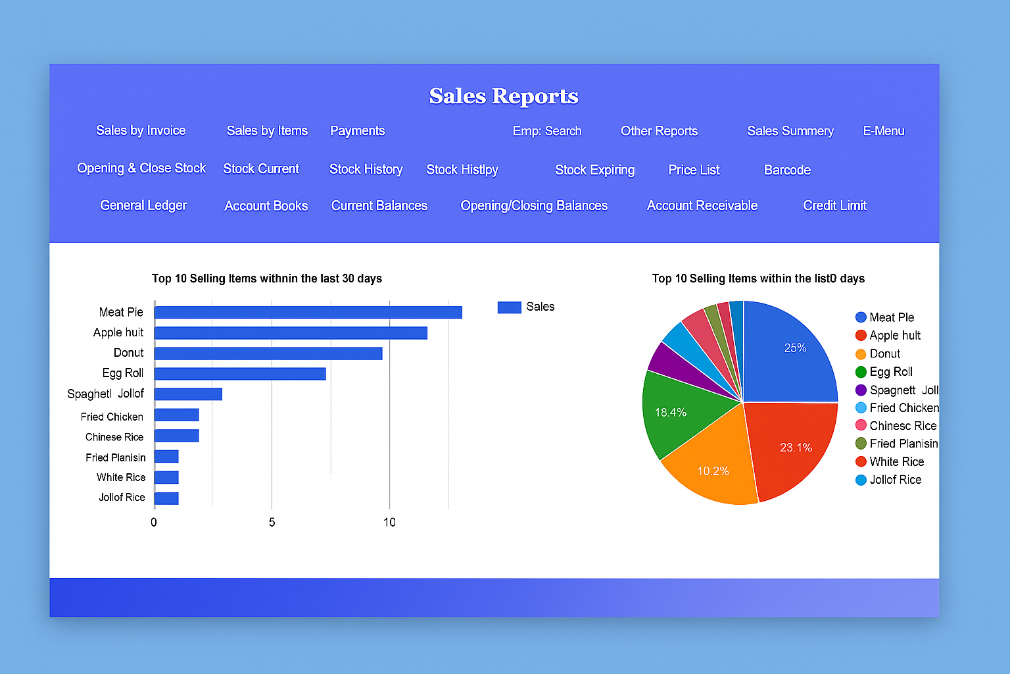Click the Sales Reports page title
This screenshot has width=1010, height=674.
click(504, 96)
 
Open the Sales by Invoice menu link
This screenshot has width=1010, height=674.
click(141, 130)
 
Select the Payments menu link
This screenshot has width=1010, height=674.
click(357, 130)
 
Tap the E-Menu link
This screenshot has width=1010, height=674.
click(883, 131)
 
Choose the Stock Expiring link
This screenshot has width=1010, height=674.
click(594, 170)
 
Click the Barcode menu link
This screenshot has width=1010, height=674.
click(787, 170)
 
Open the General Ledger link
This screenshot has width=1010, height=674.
click(143, 205)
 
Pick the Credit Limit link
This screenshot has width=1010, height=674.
click(834, 205)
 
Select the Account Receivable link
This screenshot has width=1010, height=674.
click(702, 205)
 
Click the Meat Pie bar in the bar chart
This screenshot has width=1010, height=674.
click(308, 312)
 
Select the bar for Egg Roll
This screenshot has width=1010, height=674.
click(240, 373)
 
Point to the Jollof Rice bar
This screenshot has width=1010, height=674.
click(166, 498)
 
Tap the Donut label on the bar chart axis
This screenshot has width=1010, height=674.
click(128, 353)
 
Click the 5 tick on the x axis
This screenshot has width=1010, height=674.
click(272, 522)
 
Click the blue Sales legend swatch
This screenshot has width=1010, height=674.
click(509, 307)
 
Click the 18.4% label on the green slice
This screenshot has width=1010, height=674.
click(670, 413)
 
